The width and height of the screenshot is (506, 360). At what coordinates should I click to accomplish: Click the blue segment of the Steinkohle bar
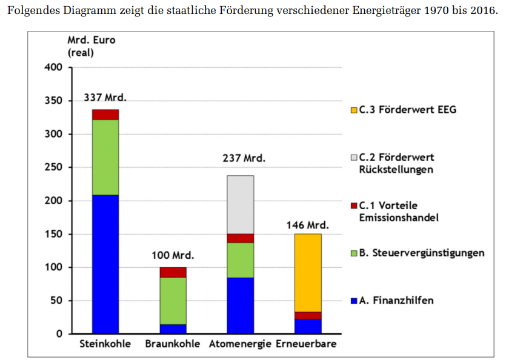105,264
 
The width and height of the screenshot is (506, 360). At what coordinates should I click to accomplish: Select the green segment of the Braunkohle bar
173,301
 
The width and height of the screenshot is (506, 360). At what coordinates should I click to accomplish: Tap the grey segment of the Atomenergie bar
241,204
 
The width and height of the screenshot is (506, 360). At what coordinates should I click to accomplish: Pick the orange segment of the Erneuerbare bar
308,273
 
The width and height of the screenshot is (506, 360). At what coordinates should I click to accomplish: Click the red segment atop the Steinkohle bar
105,115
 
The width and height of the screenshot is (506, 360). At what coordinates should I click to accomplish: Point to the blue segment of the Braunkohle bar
173,328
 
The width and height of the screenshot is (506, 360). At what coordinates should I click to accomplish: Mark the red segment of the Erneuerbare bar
308,315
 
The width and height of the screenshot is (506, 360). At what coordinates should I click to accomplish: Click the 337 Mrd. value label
105,98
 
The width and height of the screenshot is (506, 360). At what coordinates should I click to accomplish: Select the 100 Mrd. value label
173,255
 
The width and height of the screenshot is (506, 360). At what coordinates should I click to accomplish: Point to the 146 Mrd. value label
307,225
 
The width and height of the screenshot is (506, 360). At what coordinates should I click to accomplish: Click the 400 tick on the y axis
54,67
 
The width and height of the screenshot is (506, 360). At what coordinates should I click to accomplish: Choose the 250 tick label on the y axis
54,167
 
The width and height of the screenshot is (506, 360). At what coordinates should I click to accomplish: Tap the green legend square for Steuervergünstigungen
355,253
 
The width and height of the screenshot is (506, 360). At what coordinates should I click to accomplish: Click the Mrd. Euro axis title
91,41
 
